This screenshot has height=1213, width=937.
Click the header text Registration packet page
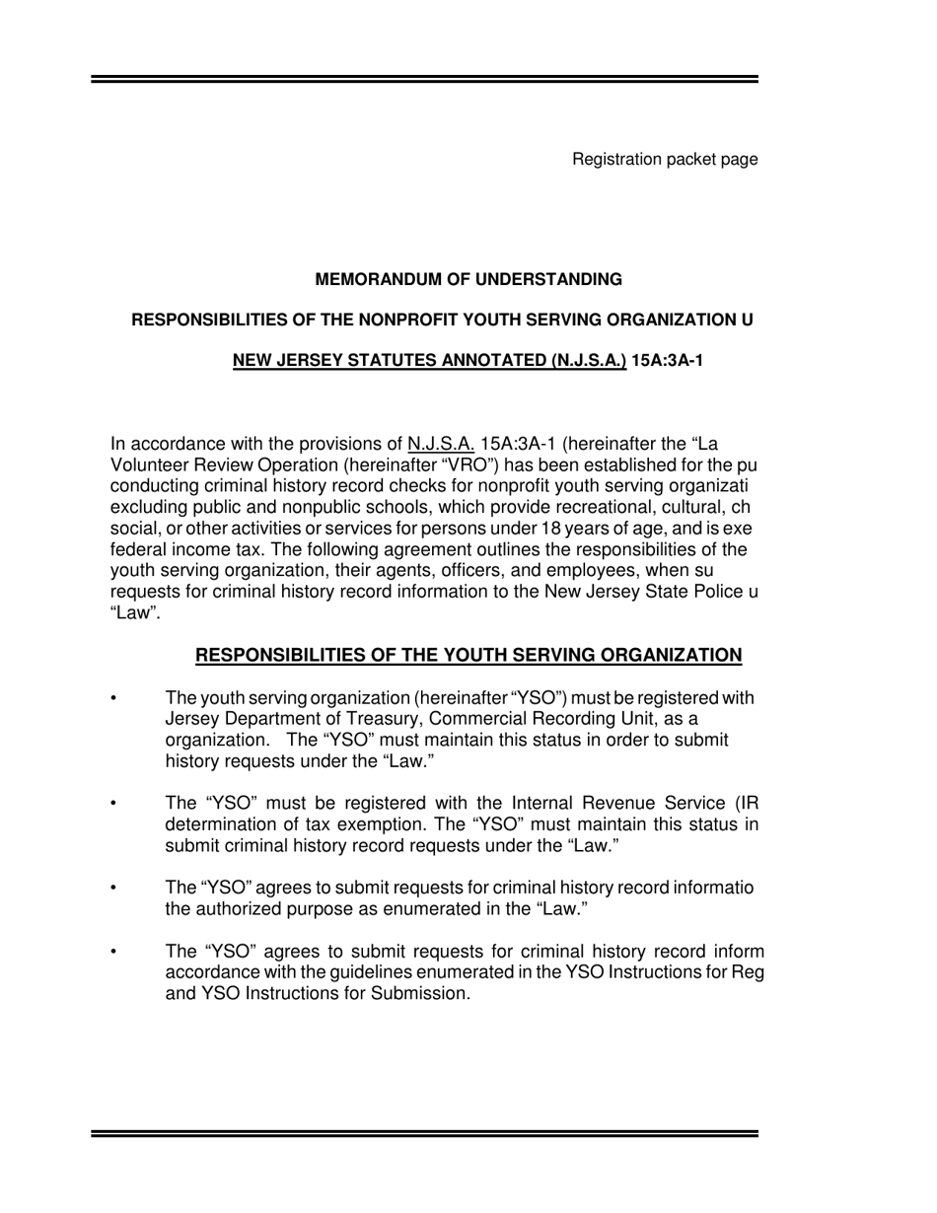pos(665,159)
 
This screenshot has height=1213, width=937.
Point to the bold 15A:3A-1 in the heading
pos(667,360)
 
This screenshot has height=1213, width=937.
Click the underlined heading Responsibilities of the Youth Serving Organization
pos(468,656)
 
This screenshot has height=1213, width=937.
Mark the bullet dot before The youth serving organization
pos(114,700)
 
